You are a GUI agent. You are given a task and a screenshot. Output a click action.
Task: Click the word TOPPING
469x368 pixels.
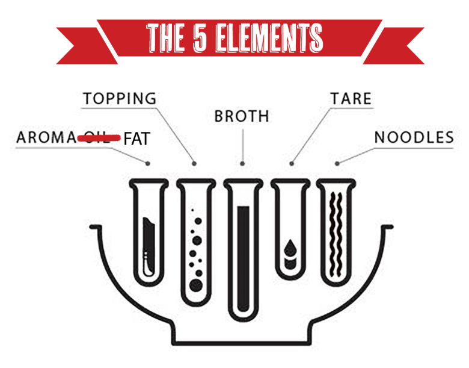coord(119,98)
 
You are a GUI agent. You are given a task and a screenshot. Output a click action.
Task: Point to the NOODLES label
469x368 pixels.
coord(414,137)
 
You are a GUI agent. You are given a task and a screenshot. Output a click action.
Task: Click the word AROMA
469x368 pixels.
coord(46,137)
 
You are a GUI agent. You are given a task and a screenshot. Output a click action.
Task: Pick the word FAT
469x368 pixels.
coord(136,140)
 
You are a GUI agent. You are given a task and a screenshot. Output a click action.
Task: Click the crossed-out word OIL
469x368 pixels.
coord(97,137)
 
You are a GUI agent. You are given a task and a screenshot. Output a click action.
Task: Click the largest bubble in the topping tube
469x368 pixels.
coord(195,285)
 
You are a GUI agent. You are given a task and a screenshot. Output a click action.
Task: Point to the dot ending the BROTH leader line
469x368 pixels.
coord(243,163)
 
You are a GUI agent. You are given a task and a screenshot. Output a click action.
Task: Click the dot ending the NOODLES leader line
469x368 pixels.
coord(337,163)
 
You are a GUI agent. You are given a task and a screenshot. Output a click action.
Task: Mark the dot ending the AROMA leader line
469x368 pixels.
coord(148,163)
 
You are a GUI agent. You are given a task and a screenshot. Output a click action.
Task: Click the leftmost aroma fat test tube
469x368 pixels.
coord(148,232)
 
